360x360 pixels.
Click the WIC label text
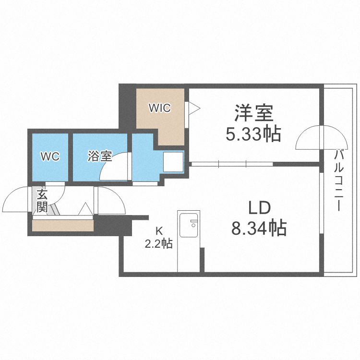tap(159, 108)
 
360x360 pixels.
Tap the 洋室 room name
tap(253, 113)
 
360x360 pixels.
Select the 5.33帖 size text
tap(253, 134)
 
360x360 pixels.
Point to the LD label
tap(260, 208)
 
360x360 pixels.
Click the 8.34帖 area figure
tap(259, 228)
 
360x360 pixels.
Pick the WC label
tap(50, 156)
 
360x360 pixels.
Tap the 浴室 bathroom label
tap(100, 156)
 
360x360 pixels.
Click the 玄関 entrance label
tap(42, 201)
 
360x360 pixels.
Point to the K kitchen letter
tap(159, 230)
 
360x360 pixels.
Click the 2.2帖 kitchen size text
tap(159, 243)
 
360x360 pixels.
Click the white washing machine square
tap(173, 162)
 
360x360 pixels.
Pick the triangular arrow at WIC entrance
tap(193, 108)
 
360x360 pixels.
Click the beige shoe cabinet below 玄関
tap(62, 226)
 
